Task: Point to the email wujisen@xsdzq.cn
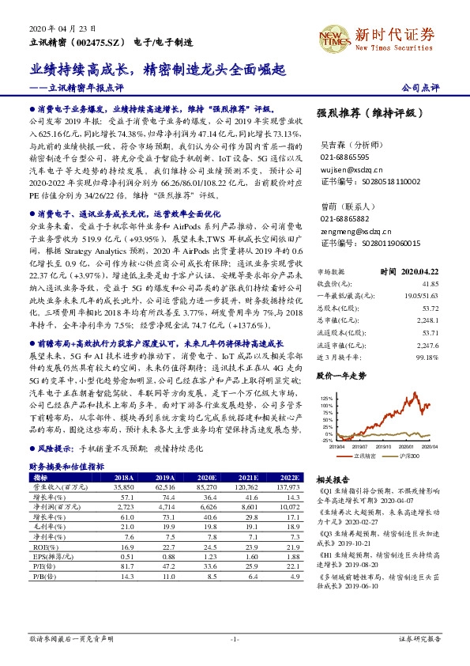352,169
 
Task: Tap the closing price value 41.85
430,282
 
